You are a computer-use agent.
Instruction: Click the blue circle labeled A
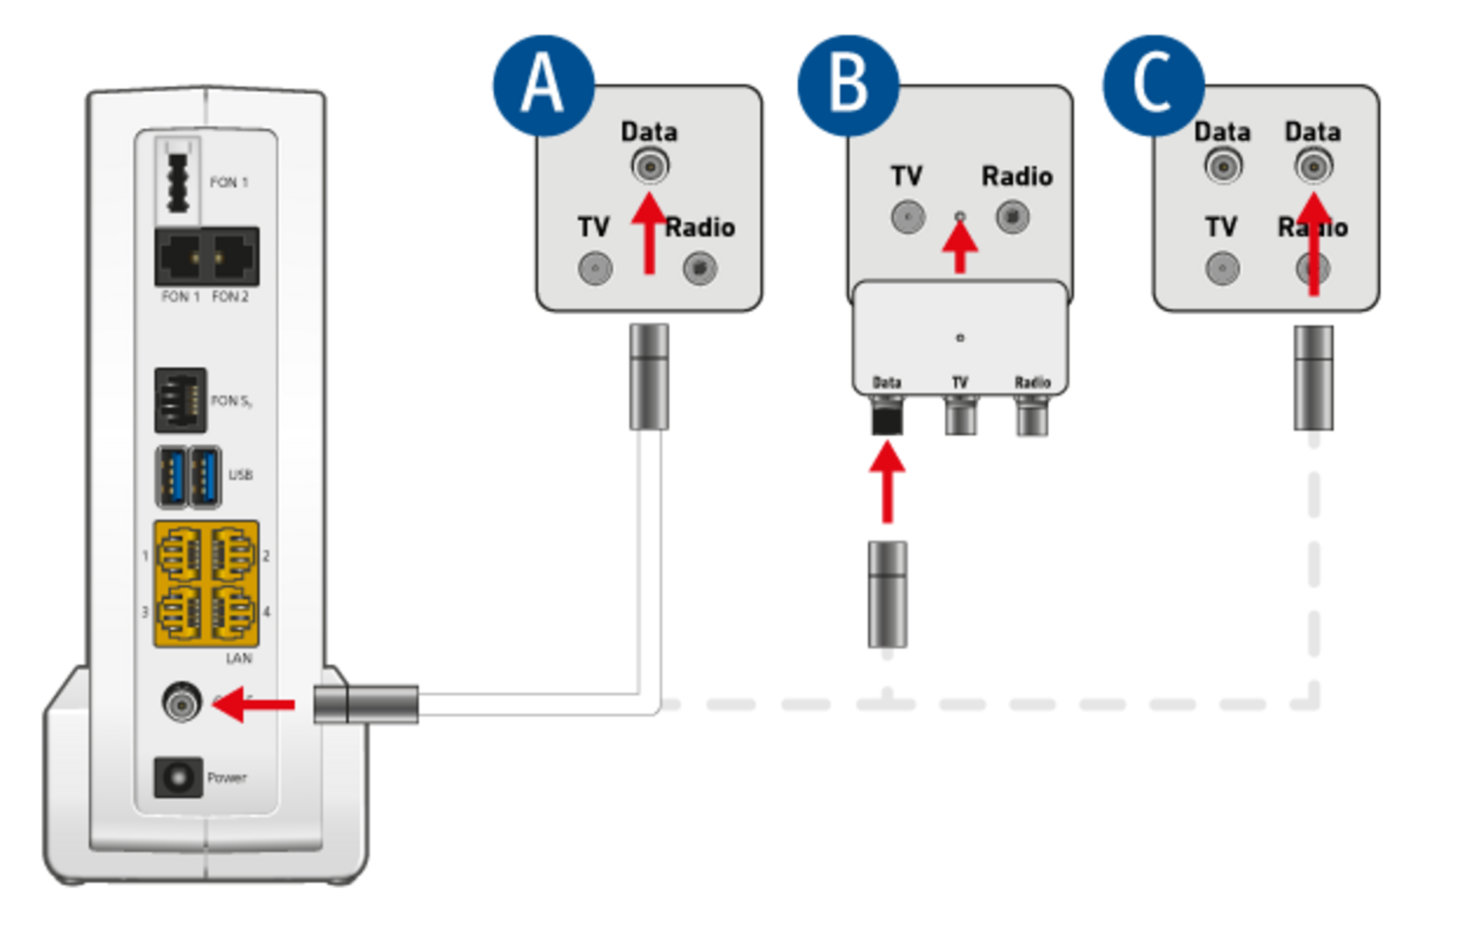[543, 85]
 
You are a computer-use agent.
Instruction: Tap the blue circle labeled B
[848, 85]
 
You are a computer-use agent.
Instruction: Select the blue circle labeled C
[1153, 85]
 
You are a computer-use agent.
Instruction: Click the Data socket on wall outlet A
[650, 167]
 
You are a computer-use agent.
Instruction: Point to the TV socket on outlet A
[595, 268]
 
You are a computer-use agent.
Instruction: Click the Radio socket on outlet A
[700, 268]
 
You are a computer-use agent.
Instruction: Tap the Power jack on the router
[178, 777]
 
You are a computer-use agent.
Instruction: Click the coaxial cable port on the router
[182, 702]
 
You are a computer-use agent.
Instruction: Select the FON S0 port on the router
[180, 400]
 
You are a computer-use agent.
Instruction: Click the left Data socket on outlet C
[1222, 167]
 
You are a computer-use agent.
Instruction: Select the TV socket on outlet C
[1222, 268]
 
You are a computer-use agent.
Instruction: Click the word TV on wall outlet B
[906, 176]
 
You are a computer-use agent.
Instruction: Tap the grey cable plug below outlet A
[649, 377]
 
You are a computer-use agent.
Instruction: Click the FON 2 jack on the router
[233, 257]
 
